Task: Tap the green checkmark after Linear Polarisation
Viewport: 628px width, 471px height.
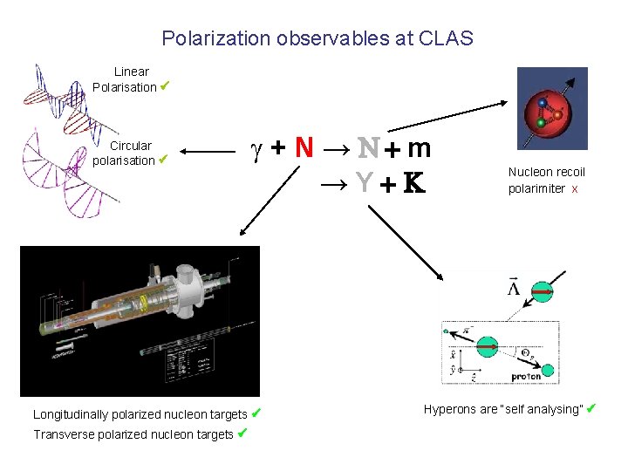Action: tap(164, 86)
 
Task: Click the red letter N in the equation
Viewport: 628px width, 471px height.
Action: tap(304, 148)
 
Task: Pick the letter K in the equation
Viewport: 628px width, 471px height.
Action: tap(414, 184)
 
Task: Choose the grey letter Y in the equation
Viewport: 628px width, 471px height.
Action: tap(364, 183)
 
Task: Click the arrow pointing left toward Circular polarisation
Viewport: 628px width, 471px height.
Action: tap(209, 154)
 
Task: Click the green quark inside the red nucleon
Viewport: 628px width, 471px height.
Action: tap(541, 124)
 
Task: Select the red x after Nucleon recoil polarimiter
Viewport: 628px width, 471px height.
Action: tap(575, 188)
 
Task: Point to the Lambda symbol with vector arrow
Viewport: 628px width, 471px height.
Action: tap(515, 287)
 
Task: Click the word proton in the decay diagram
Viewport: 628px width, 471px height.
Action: tap(526, 377)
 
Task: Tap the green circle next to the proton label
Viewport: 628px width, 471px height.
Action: tap(548, 370)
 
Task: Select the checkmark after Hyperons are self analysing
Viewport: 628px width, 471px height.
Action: tap(590, 408)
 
